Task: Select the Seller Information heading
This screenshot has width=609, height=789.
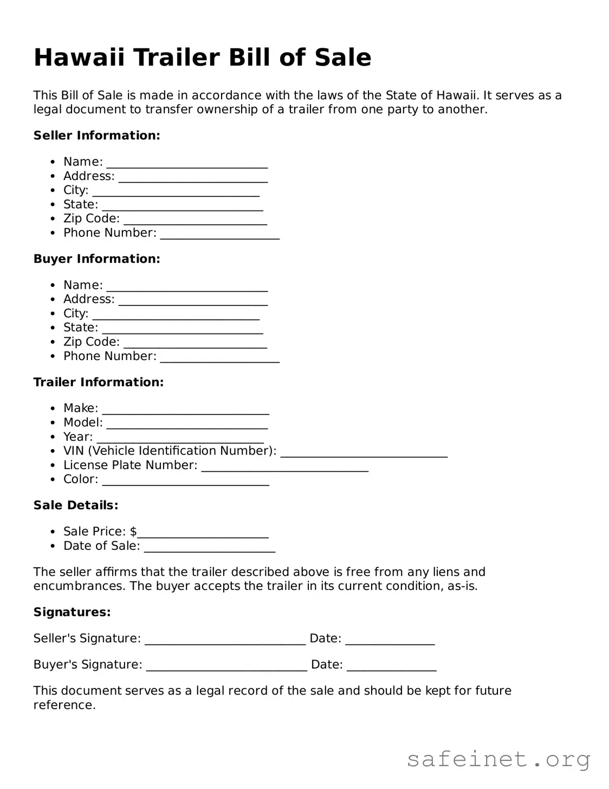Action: [x=96, y=136]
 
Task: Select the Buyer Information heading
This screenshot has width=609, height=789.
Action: [x=96, y=259]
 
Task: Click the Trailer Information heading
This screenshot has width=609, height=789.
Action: [x=98, y=382]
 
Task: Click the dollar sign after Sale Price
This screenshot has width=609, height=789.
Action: [x=133, y=531]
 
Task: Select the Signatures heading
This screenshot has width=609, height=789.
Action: [x=72, y=612]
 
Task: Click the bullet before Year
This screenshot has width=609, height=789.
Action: [x=53, y=437]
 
